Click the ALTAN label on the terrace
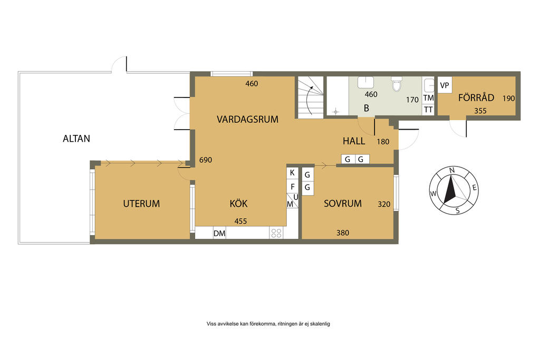[76, 139]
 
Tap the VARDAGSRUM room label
[247, 120]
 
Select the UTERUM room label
[141, 204]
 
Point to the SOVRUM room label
[343, 203]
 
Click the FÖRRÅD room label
[476, 98]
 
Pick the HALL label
[354, 141]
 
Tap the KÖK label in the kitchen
[238, 203]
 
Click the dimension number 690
[206, 160]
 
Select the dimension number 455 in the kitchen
[240, 221]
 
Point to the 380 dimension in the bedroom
[343, 233]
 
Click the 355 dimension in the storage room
[480, 111]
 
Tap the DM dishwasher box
[219, 233]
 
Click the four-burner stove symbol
[276, 233]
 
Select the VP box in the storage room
[445, 85]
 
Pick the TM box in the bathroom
[428, 98]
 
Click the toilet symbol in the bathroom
[397, 84]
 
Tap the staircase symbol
[311, 98]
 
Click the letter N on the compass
[452, 170]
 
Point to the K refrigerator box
[292, 173]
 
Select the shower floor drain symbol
[335, 112]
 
